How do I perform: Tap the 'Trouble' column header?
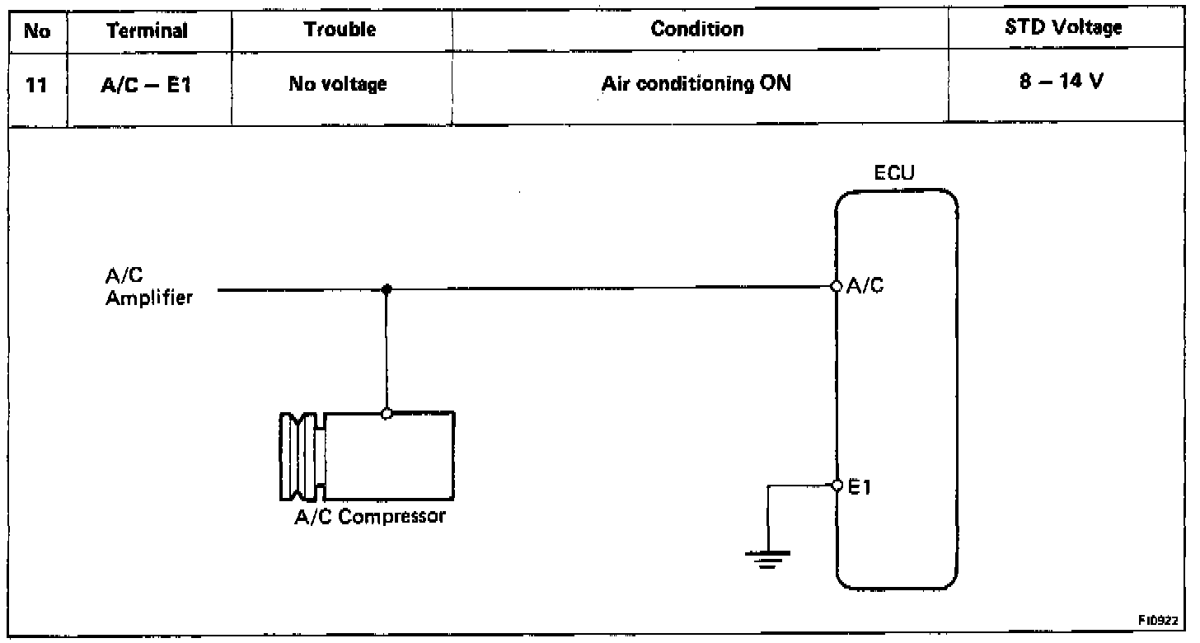(x=340, y=30)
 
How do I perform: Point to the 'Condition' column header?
(x=696, y=30)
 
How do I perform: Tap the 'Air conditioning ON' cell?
(x=696, y=84)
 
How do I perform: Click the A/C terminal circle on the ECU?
(x=836, y=286)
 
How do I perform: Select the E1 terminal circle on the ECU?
(x=836, y=485)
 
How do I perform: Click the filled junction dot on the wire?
(x=387, y=289)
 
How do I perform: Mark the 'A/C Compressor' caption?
(x=369, y=518)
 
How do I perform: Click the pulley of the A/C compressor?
(x=302, y=455)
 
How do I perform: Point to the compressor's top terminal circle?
(x=387, y=413)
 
